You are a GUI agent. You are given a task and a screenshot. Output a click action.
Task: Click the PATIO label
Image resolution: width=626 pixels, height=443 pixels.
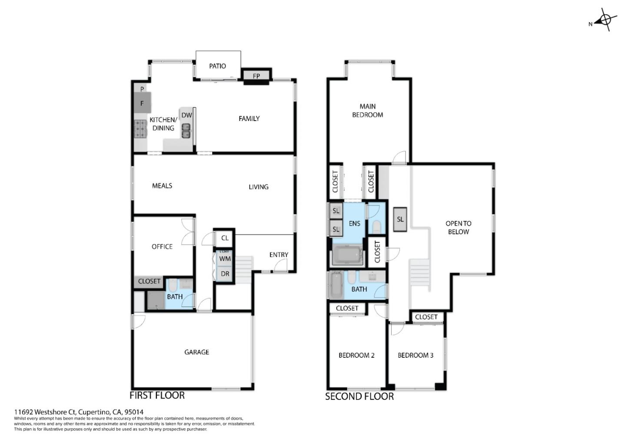pyautogui.click(x=217, y=66)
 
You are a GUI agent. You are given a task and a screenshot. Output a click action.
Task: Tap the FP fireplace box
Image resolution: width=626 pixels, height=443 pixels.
pyautogui.click(x=256, y=76)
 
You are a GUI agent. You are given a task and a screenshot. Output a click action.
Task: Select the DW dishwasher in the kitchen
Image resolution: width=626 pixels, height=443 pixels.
pyautogui.click(x=186, y=115)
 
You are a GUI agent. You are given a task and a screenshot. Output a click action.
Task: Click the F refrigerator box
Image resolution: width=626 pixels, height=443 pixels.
pyautogui.click(x=142, y=104)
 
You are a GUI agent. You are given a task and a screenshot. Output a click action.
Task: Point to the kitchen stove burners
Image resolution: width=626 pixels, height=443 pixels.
pyautogui.click(x=140, y=129)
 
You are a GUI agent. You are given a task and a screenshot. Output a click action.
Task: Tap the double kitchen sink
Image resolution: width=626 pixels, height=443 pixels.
pyautogui.click(x=186, y=131)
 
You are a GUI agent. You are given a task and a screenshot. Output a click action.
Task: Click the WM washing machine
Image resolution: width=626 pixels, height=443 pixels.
pyautogui.click(x=225, y=259)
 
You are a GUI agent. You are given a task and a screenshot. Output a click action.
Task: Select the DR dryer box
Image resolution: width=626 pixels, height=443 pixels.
pyautogui.click(x=225, y=274)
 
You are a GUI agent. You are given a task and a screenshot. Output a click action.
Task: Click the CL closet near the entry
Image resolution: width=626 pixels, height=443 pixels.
pyautogui.click(x=225, y=238)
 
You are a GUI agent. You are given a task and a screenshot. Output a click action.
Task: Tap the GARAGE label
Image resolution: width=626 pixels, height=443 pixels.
pyautogui.click(x=196, y=352)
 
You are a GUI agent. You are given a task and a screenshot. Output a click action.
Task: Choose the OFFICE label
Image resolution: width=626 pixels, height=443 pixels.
pyautogui.click(x=162, y=246)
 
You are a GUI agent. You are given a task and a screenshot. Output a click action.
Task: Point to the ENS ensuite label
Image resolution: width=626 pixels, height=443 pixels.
pyautogui.click(x=354, y=224)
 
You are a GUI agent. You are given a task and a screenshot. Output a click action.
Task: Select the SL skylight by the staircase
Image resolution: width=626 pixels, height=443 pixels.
pyautogui.click(x=400, y=219)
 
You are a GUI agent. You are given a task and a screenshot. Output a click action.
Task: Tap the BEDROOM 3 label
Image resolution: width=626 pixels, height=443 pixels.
pyautogui.click(x=416, y=356)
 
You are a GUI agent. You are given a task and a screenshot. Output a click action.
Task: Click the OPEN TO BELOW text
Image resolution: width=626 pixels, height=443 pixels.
pyautogui.click(x=458, y=228)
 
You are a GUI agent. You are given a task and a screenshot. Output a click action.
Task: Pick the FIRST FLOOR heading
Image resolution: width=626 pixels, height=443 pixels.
pyautogui.click(x=157, y=396)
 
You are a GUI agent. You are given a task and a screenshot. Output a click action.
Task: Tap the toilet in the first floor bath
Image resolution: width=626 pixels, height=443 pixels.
pyautogui.click(x=172, y=286)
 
